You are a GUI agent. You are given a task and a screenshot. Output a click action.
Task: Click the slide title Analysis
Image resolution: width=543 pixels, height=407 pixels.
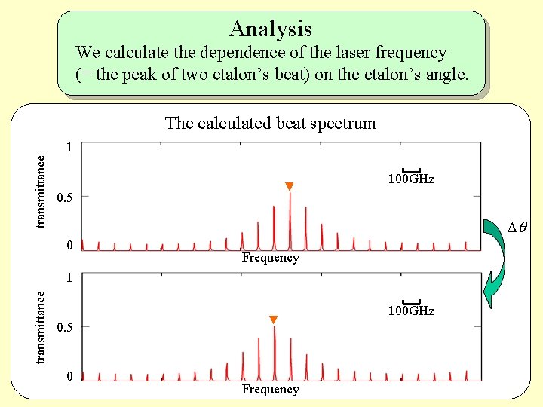tap(271, 29)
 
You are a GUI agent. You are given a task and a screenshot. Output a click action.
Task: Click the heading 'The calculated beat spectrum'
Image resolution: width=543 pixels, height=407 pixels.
tap(270, 123)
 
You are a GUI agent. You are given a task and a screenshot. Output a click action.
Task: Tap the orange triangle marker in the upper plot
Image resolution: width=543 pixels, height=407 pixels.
tap(289, 186)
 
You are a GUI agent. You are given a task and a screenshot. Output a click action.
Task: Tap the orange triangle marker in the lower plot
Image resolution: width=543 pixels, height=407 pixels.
tap(274, 320)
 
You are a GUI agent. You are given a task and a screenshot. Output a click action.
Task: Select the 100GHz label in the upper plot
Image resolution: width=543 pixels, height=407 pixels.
tap(411, 180)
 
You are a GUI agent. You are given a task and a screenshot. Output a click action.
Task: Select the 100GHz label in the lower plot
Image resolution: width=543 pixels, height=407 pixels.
tap(411, 311)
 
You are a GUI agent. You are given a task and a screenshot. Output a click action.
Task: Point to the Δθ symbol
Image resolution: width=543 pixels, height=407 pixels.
tap(517, 228)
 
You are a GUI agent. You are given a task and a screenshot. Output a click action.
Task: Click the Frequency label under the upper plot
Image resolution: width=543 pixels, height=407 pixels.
tap(270, 258)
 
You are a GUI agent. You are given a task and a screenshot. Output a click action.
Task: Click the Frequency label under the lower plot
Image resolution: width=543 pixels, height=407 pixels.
tap(270, 390)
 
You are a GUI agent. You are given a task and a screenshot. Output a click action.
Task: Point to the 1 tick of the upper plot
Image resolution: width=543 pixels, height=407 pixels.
tap(69, 148)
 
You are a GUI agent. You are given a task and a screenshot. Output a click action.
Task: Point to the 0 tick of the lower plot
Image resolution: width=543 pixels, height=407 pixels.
tap(69, 376)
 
